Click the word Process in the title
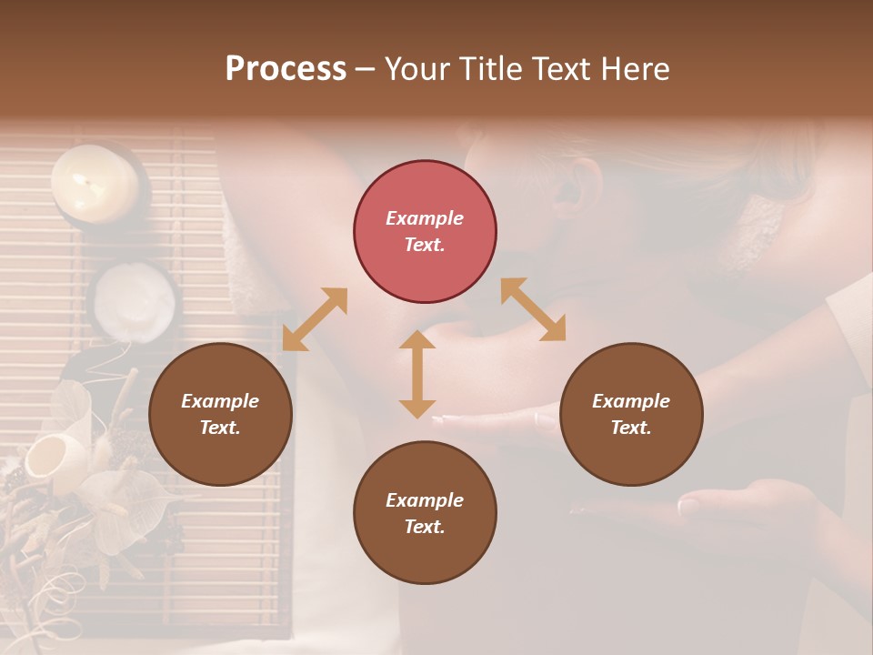pos(286,69)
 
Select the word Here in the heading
pos(636,69)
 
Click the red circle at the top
pos(425,231)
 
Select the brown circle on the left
pos(220,414)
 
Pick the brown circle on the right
pos(631,414)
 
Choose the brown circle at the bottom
pos(425,513)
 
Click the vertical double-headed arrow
pos(417,374)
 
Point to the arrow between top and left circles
pos(315,319)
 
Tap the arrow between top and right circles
pos(533,309)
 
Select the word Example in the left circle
pos(220,401)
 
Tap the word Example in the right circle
pos(631,401)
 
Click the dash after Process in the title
pos(365,69)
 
